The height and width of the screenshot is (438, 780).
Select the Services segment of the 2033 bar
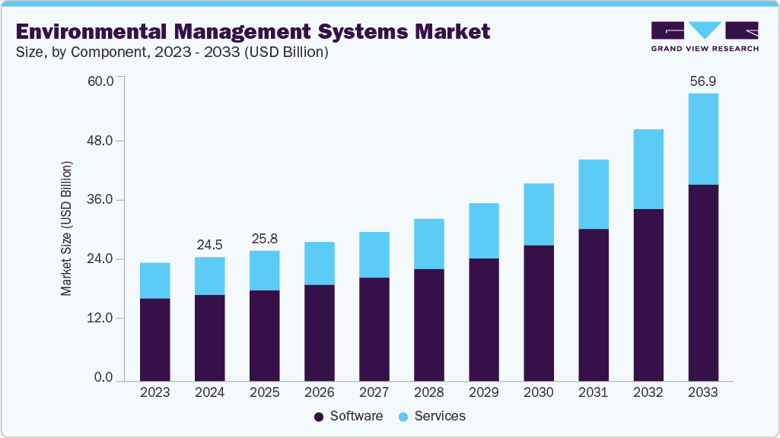703,139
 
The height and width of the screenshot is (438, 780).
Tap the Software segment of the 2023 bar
155,339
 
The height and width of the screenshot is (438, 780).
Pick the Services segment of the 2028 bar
429,243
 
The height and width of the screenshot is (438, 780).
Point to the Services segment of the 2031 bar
594,194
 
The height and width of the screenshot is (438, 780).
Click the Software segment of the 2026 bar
320,332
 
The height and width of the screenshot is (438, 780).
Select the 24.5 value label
210,245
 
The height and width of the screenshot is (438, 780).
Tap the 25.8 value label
265,238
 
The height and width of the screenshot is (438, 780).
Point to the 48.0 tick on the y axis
100,141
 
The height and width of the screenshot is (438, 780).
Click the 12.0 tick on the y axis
100,319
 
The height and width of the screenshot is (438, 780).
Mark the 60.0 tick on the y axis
100,81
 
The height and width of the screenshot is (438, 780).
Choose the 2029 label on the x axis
484,393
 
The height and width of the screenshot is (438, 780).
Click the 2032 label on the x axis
648,393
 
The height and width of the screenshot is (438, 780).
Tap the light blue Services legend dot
404,417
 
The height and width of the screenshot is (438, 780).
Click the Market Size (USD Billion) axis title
66,229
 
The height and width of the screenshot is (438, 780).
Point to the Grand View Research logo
705,36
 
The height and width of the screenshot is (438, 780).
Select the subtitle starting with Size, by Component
171,53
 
